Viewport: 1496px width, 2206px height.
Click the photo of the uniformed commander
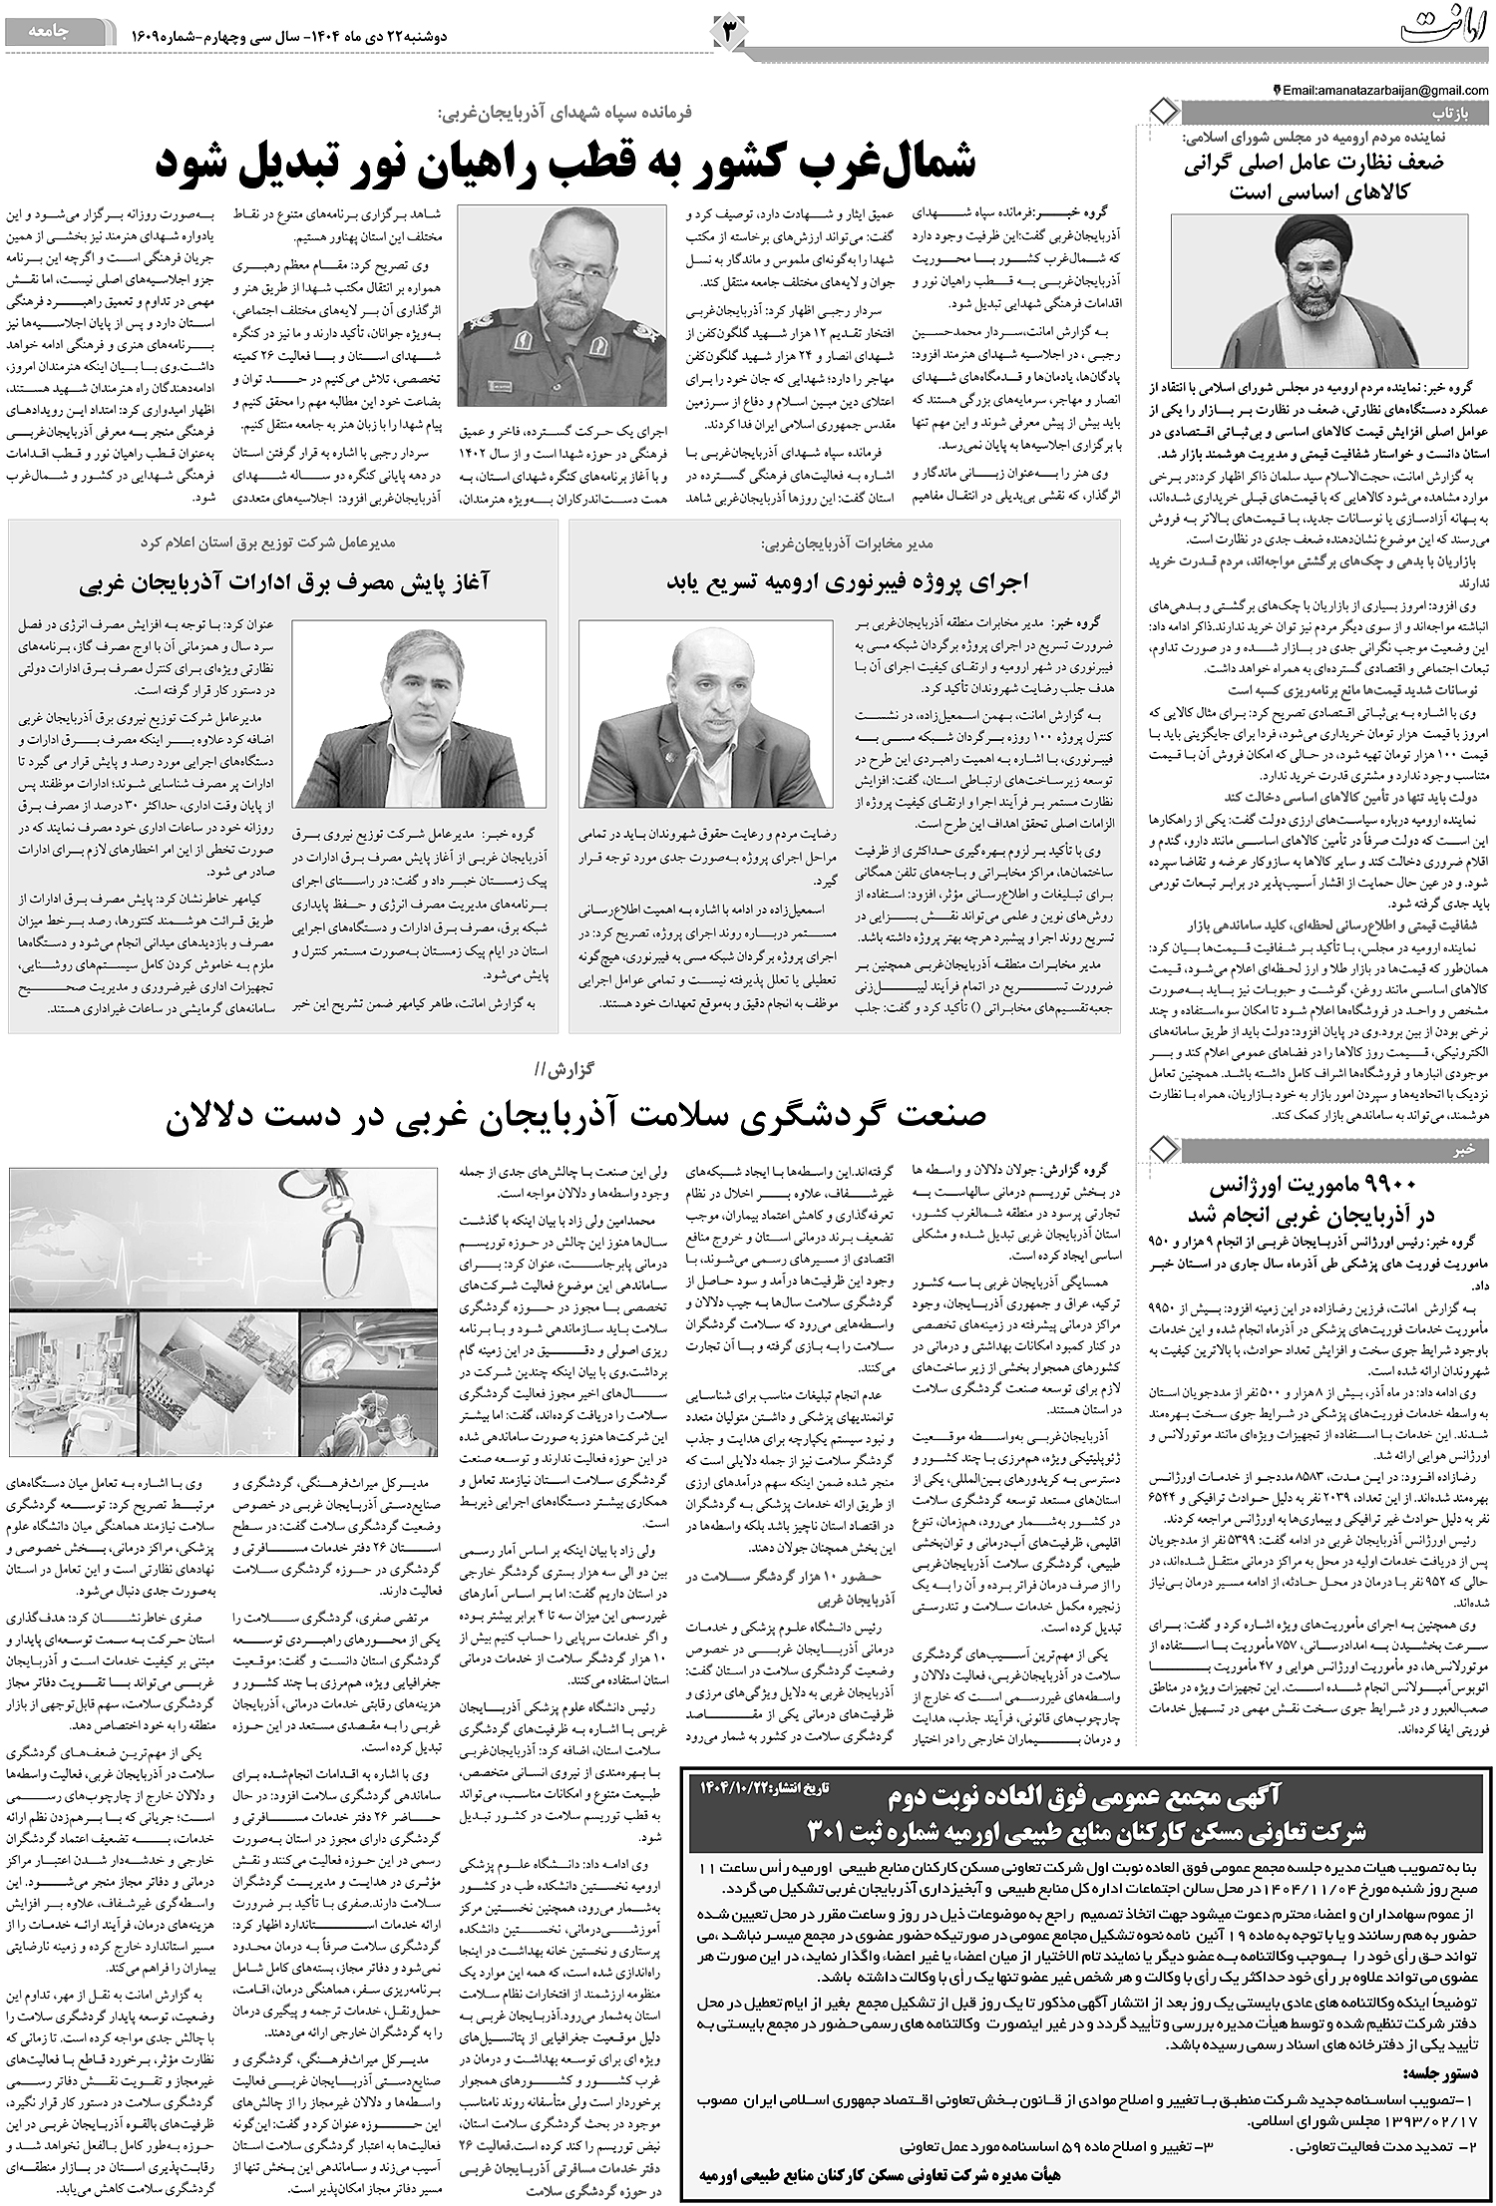click(561, 305)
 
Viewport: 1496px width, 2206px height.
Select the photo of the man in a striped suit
click(419, 714)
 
